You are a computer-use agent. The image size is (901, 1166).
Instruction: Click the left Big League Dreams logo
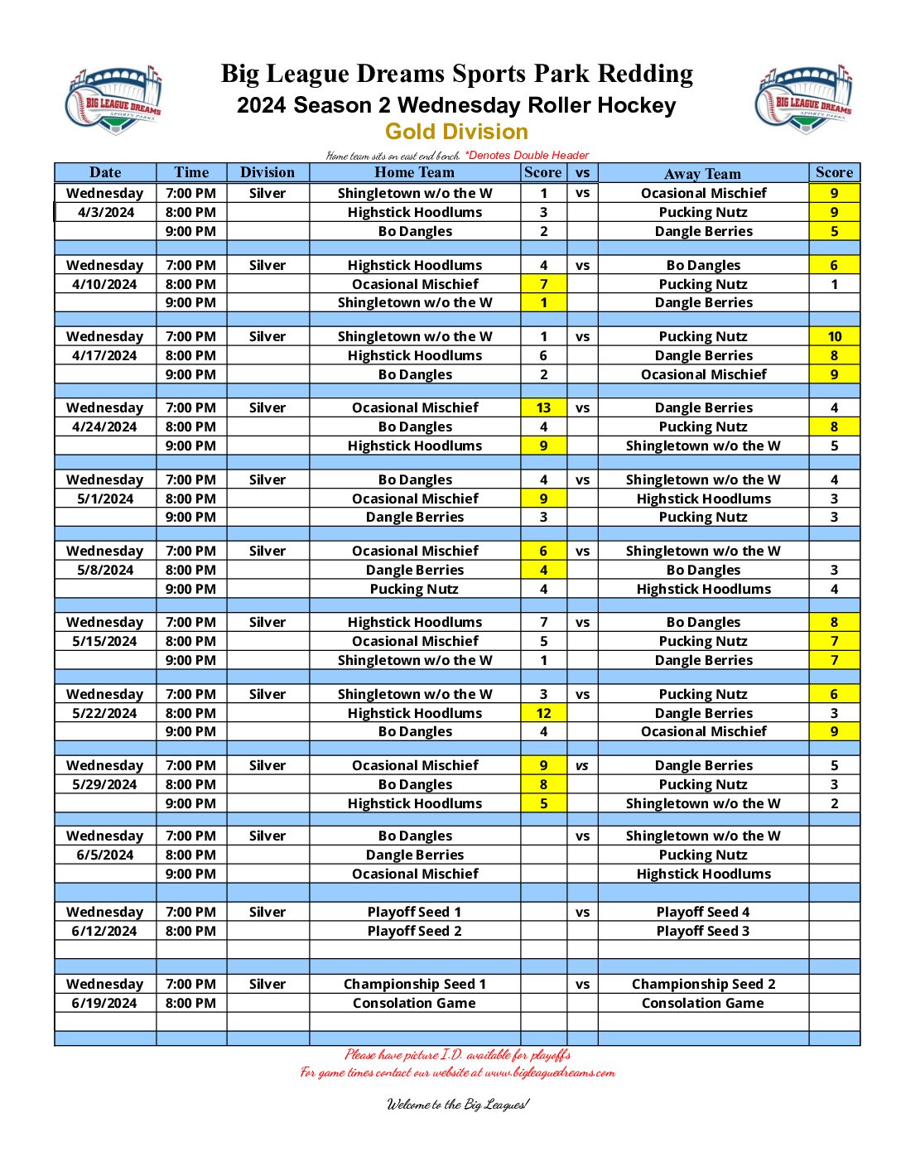coord(113,100)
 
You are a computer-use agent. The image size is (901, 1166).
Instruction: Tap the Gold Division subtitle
coord(456,132)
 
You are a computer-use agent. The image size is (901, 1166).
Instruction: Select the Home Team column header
coord(414,172)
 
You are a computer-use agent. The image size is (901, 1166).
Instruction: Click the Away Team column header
coord(702,173)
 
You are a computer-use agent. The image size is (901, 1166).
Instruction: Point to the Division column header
coord(267,172)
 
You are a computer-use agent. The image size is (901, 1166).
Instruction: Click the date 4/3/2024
coord(105,212)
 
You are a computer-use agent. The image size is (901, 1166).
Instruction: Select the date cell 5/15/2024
coord(105,641)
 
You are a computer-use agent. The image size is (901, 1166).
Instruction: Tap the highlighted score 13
coord(543,407)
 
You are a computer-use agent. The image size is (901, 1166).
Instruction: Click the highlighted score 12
coord(543,713)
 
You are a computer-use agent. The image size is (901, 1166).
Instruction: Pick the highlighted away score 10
coord(834,336)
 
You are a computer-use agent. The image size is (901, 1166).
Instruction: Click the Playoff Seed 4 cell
coord(702,912)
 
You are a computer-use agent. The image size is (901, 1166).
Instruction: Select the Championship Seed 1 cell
coord(414,984)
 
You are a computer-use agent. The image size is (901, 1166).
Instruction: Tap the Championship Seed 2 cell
coord(703,984)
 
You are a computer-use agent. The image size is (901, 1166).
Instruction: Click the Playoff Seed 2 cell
coord(414,931)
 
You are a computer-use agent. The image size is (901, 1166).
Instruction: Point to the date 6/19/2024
coord(105,1003)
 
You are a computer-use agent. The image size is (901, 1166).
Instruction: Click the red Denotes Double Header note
coord(528,155)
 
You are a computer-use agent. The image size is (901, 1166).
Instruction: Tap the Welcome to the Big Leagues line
coord(457,1104)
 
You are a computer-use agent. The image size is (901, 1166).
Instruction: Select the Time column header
coord(191,172)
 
